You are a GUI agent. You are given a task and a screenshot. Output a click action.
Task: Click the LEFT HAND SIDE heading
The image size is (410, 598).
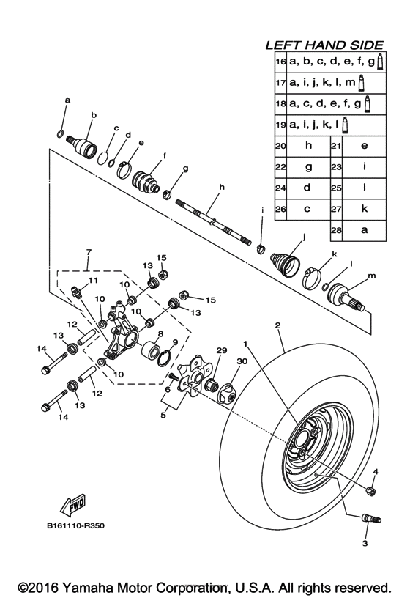pos(328,45)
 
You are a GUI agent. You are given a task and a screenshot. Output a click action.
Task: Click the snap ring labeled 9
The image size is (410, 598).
pos(167,357)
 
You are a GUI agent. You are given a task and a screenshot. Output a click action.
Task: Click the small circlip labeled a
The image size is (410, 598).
pos(61,133)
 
